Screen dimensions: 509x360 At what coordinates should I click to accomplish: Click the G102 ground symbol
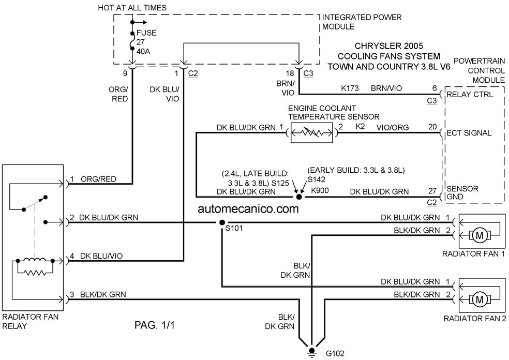[311, 352]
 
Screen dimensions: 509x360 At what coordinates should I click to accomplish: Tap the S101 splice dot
[222, 222]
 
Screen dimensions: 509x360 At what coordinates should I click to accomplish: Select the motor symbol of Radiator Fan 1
[479, 236]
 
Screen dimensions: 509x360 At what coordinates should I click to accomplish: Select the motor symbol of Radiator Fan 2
[479, 299]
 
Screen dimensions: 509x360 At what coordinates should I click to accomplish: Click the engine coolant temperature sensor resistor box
[311, 132]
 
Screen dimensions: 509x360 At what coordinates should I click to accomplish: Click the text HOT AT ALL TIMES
[132, 8]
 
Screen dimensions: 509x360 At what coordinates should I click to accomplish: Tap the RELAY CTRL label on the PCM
[470, 95]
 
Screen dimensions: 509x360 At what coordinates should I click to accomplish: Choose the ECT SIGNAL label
[469, 133]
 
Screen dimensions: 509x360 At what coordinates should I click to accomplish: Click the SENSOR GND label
[462, 192]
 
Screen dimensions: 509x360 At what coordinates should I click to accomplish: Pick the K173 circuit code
[350, 88]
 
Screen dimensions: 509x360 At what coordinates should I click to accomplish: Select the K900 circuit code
[320, 190]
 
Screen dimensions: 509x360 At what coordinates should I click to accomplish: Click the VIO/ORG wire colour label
[393, 127]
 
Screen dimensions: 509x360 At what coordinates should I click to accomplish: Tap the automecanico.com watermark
[248, 209]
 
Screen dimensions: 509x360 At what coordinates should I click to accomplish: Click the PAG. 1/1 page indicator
[155, 325]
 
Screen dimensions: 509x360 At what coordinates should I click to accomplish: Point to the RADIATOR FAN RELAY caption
[31, 321]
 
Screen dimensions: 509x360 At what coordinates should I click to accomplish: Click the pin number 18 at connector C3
[290, 73]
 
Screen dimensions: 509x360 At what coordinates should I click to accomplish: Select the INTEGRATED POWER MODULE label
[362, 22]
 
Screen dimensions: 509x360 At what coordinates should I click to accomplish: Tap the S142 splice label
[317, 179]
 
